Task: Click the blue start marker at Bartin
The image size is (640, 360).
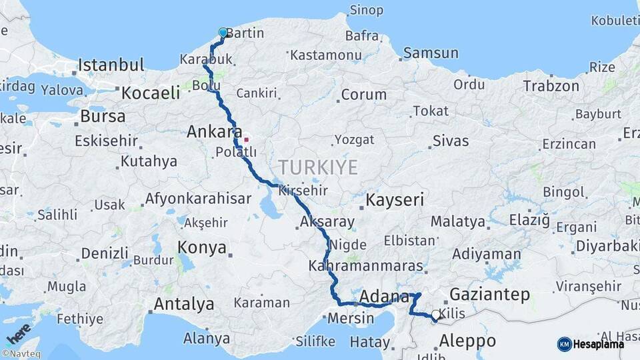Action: (223, 32)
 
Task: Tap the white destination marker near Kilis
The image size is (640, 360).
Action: (436, 314)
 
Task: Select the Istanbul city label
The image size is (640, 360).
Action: (111, 65)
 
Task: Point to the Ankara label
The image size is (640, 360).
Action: (209, 131)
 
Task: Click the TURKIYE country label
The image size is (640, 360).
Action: (318, 167)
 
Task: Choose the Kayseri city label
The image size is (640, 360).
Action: (395, 199)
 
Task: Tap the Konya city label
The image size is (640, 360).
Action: (202, 248)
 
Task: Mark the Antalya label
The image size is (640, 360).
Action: (184, 305)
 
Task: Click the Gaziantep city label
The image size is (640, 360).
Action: (489, 294)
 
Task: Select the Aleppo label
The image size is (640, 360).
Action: (467, 341)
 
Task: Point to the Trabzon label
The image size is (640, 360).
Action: (551, 86)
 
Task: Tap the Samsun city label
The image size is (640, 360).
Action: (431, 53)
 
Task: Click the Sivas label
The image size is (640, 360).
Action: (451, 141)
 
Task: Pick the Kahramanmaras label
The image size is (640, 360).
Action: (366, 266)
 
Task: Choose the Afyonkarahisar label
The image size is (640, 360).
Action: (198, 199)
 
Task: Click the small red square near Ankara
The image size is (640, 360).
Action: (246, 139)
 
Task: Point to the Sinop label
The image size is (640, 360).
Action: (366, 11)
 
